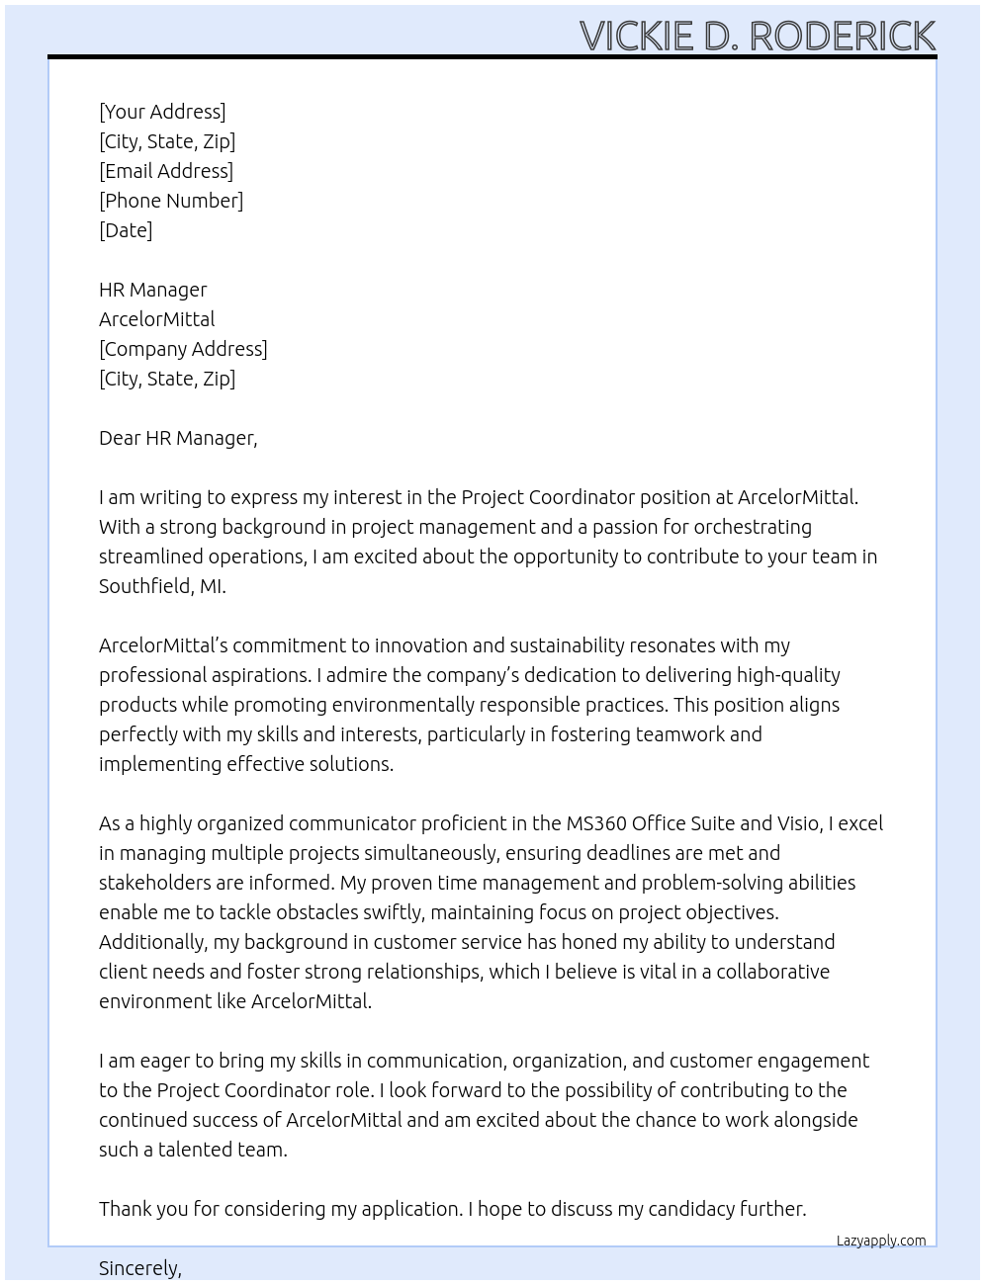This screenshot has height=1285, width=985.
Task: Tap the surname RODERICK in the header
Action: coord(842,36)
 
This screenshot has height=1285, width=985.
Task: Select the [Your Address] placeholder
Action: coord(162,112)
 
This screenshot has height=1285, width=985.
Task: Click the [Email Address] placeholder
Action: coord(166,171)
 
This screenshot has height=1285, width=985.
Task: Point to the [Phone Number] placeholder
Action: coord(171,201)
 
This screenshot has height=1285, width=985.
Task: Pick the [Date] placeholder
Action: coord(126,230)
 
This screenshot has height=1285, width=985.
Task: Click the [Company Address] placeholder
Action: coord(183,349)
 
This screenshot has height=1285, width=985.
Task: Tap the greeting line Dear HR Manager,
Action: coord(178,438)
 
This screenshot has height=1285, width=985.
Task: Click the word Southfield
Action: coord(145,586)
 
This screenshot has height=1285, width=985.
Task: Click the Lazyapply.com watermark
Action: coord(881,1241)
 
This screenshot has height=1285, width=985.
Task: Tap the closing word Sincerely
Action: coord(139,1268)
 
